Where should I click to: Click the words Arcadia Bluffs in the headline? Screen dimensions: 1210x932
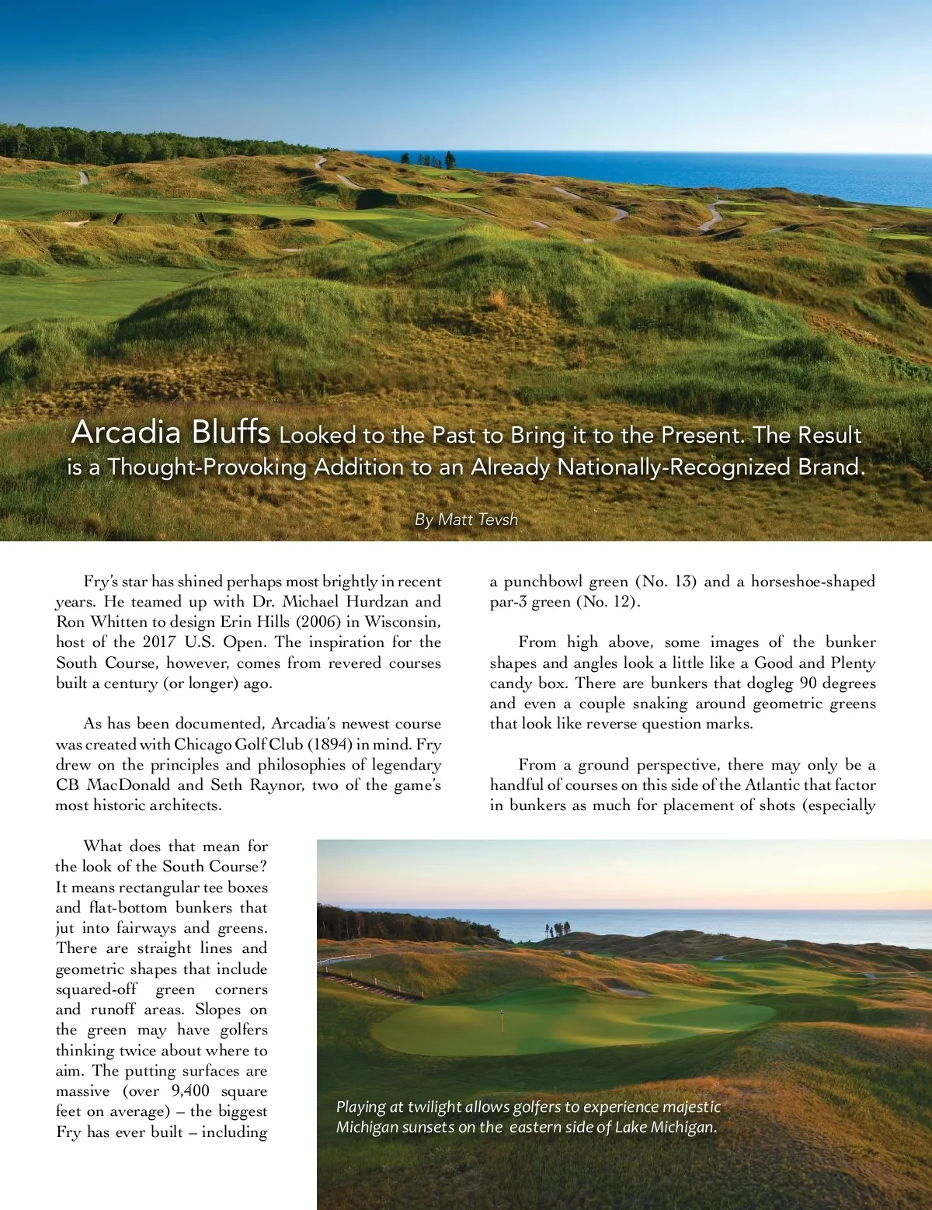point(171,432)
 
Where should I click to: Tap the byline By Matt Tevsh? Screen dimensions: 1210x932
point(466,520)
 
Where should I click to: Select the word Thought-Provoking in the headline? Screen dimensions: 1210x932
point(207,467)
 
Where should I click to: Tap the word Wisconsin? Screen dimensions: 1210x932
point(402,621)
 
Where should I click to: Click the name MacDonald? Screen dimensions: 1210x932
point(128,784)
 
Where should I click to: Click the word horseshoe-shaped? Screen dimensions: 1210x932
point(812,581)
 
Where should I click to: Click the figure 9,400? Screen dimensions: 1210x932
point(190,1090)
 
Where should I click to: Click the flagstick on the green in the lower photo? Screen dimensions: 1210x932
point(502,1014)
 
